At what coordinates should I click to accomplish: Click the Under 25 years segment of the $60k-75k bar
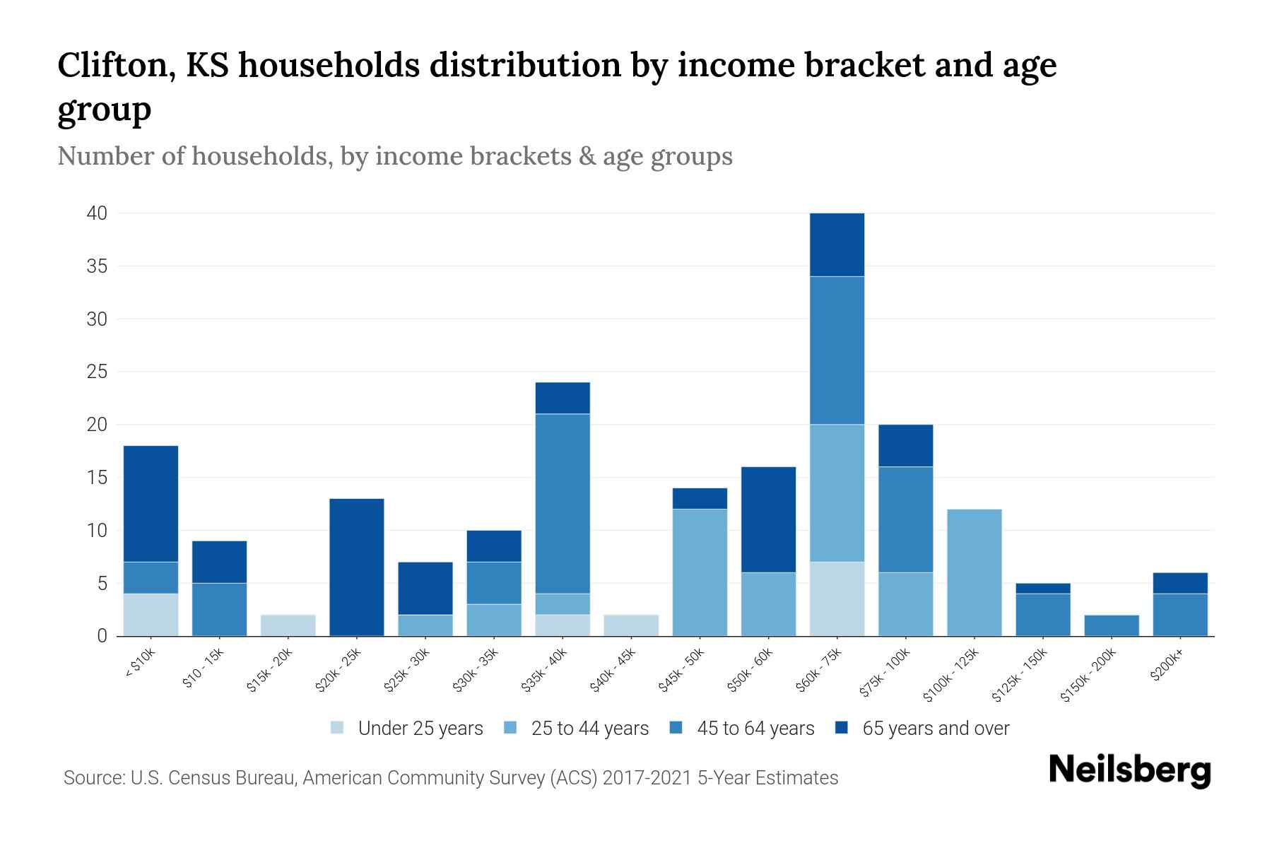coord(837,599)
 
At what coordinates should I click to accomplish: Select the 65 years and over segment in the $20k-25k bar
coord(357,567)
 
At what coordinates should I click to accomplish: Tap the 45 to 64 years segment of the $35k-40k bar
coord(563,503)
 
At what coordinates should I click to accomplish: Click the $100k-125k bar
coord(974,572)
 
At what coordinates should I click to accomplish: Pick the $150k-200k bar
coord(1112,625)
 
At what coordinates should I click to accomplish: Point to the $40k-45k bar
coord(631,625)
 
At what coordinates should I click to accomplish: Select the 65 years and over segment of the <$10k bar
coord(151,503)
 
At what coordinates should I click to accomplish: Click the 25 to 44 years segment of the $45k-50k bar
coord(700,572)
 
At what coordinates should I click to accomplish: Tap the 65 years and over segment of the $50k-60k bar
coord(768,519)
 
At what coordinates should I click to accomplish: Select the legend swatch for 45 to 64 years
coord(676,728)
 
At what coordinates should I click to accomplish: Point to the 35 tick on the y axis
coord(98,266)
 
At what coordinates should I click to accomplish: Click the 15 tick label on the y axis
coord(98,478)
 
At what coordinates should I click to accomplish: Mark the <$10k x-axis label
coord(140,664)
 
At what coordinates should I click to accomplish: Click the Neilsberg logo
coord(1129,770)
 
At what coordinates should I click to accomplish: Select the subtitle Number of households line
coord(394,156)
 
